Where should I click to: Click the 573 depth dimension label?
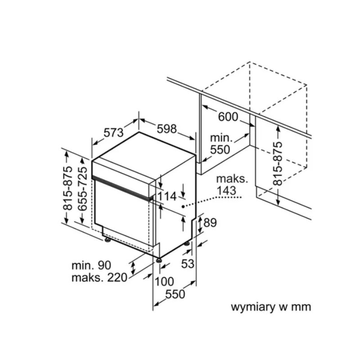[114, 133]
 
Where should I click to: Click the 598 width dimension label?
[166, 129]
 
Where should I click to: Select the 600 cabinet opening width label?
[228, 117]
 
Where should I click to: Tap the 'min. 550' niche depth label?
[220, 144]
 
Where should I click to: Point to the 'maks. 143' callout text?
[232, 185]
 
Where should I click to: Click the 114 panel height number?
[167, 197]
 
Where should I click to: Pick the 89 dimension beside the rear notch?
[210, 222]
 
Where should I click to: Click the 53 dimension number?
[188, 264]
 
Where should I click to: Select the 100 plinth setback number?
[164, 282]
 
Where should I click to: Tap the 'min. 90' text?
[91, 265]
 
